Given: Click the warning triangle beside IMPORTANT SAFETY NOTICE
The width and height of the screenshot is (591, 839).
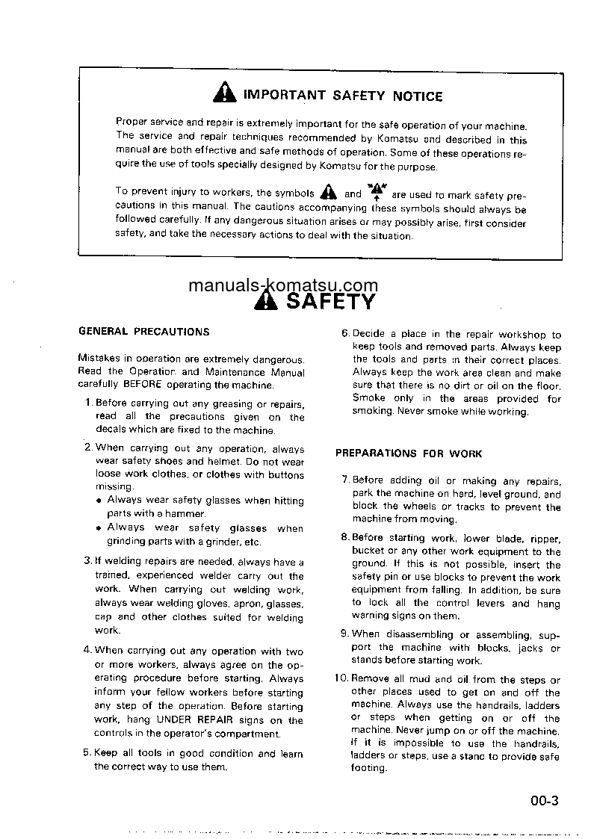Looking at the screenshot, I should (224, 93).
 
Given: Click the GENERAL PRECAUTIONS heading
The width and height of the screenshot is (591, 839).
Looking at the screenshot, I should (144, 332).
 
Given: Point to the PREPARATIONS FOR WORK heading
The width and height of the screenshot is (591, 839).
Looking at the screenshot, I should (409, 453).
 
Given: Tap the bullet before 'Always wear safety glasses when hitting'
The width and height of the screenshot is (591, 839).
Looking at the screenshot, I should (99, 501).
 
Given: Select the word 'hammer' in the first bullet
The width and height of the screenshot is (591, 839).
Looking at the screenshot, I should (186, 513).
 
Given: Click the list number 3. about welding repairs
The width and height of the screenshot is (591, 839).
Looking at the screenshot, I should (88, 562).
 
